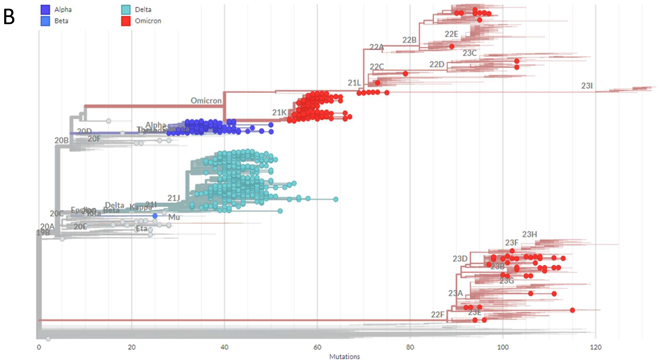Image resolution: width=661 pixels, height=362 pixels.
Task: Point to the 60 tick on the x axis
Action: click(317, 347)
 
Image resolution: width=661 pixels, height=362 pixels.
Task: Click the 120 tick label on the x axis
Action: click(595, 347)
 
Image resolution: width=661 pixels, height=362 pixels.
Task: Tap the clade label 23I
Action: click(587, 86)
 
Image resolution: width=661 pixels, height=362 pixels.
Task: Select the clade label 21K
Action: click(279, 113)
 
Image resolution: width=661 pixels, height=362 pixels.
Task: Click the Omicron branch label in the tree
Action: click(206, 101)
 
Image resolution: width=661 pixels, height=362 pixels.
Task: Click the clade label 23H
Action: click(529, 234)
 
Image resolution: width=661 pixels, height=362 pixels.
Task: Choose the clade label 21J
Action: click(174, 198)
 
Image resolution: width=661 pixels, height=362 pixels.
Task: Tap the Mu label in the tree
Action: click(174, 217)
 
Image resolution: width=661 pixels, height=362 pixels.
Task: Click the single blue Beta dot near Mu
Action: click(155, 216)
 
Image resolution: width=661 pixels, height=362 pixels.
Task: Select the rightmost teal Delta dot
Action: click(336, 199)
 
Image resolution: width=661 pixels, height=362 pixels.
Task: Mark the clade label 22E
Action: click(451, 34)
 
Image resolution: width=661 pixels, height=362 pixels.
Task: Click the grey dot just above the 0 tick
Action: click(48, 339)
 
